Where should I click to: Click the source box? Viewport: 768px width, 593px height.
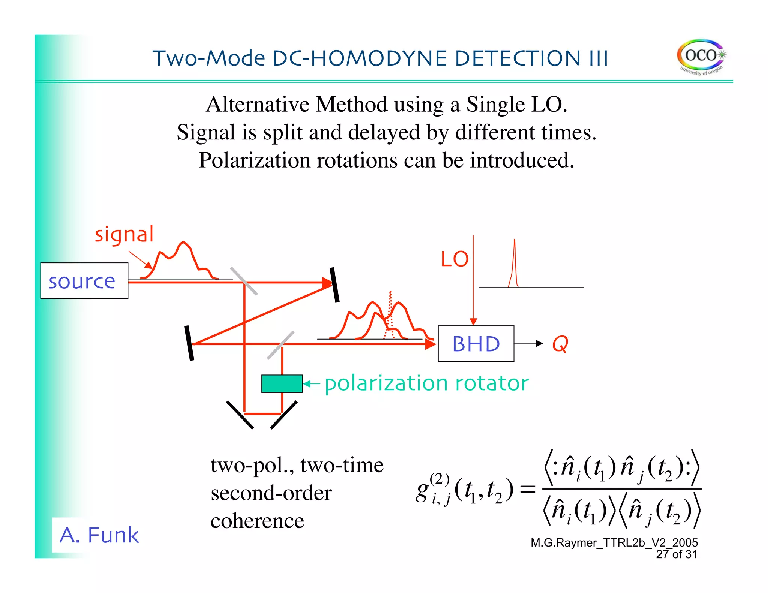[x=84, y=281]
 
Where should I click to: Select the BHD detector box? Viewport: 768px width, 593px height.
[x=475, y=343]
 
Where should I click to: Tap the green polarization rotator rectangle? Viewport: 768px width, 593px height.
[x=282, y=383]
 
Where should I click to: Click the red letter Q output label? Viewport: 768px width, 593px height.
[x=560, y=344]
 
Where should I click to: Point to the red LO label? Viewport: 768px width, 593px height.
[x=454, y=259]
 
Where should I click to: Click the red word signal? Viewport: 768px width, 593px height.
[x=124, y=235]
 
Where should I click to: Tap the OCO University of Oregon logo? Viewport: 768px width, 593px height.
[x=700, y=57]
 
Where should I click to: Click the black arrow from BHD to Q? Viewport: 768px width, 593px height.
[x=528, y=343]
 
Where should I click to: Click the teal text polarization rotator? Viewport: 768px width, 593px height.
[x=426, y=383]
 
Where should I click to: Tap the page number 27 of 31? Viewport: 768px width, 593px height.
[x=676, y=554]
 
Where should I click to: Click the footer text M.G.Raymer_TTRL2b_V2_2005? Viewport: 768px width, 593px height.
[x=614, y=542]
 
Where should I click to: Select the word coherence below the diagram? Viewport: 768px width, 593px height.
[x=257, y=521]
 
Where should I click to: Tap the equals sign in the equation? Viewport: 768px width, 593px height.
[x=528, y=489]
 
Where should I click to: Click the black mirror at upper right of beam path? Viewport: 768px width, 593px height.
[x=334, y=285]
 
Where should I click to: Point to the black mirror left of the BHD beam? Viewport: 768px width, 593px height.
[x=189, y=343]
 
